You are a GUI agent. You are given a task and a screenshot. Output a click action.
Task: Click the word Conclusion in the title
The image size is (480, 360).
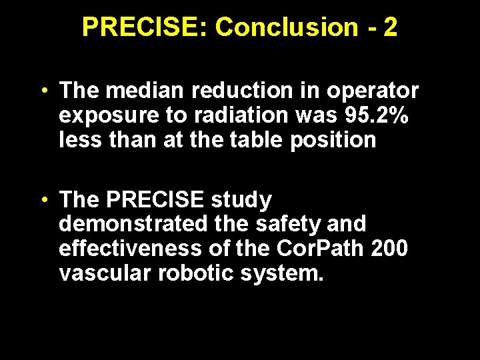point(287,27)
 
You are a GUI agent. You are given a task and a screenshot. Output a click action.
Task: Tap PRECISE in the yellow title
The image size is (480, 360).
point(143,27)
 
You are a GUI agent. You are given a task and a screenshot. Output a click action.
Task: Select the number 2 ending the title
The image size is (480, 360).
point(391,27)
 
